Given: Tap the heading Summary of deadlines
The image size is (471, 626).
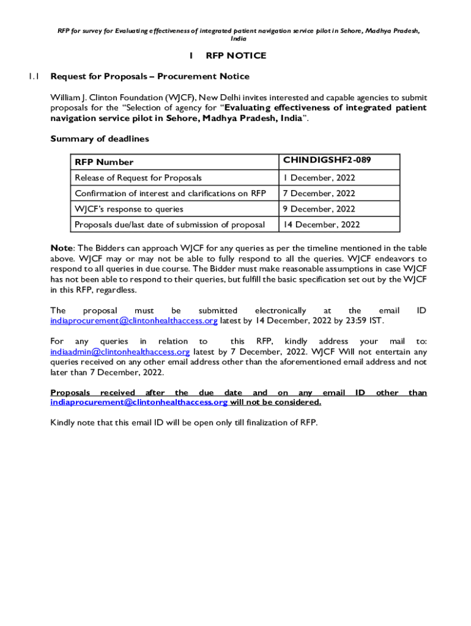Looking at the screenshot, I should tap(99, 139).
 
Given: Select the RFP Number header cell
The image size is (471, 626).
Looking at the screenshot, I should tap(104, 162).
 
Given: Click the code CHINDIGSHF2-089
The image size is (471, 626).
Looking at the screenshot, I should tap(327, 161).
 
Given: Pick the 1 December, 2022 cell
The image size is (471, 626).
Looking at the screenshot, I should tap(318, 178).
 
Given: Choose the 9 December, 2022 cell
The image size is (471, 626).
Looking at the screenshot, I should tap(318, 209).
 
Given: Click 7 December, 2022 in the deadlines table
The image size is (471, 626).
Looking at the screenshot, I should tap(318, 193).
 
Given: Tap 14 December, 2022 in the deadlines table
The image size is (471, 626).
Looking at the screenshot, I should tap(321, 224).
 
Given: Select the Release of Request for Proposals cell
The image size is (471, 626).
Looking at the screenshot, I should tap(138, 178).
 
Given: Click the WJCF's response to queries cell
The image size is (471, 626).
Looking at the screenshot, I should tap(129, 209).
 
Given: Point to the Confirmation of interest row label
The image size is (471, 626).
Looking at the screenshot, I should tap(170, 193).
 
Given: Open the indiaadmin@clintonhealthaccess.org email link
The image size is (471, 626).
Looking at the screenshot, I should tap(120, 352).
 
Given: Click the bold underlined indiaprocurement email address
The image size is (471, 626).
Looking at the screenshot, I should tap(139, 402).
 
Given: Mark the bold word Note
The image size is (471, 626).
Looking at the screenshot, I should tap(61, 248).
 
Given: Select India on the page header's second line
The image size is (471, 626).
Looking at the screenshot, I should tap(239, 39).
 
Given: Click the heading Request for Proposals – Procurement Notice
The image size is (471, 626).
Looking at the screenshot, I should tap(150, 76).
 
